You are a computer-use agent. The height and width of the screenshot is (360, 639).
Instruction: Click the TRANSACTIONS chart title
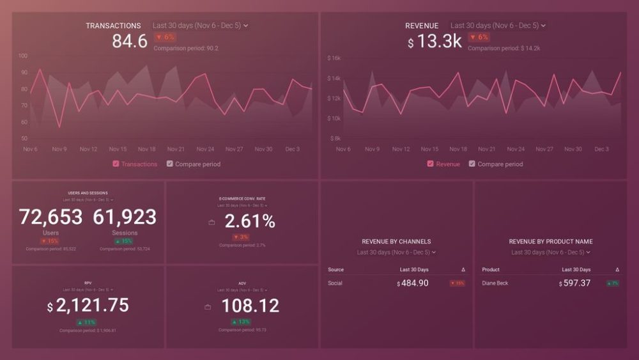point(113,26)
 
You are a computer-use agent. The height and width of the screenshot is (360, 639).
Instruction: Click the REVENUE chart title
point(422,26)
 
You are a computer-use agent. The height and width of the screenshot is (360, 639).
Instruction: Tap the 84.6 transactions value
point(129,42)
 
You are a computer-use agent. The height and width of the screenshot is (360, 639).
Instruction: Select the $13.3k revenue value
point(435,42)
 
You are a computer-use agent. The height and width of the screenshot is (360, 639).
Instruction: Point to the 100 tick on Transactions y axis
point(23,56)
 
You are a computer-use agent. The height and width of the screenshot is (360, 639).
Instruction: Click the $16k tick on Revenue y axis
point(334,58)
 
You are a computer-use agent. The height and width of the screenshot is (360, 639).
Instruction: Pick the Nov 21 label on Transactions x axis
point(176,149)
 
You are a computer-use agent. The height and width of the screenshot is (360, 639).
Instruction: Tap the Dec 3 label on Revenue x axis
point(602,149)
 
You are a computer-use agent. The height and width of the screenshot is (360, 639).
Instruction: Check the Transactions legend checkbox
point(116,164)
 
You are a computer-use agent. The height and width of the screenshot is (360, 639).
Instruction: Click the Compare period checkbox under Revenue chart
point(472,164)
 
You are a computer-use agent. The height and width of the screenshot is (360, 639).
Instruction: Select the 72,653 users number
point(51,217)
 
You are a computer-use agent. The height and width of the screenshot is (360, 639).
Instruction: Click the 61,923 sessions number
point(125,217)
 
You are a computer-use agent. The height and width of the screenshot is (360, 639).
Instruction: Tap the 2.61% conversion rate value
point(250,221)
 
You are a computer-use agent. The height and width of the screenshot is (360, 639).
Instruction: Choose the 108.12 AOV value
point(250,306)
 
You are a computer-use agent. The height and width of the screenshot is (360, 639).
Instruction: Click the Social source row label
point(335,283)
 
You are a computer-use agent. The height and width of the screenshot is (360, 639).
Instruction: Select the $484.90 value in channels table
point(413,283)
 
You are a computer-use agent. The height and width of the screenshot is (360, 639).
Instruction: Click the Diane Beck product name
point(495,283)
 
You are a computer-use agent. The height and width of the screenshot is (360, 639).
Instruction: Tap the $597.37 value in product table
point(574,283)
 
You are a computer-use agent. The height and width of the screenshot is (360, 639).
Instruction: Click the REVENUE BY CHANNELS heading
point(396,242)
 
